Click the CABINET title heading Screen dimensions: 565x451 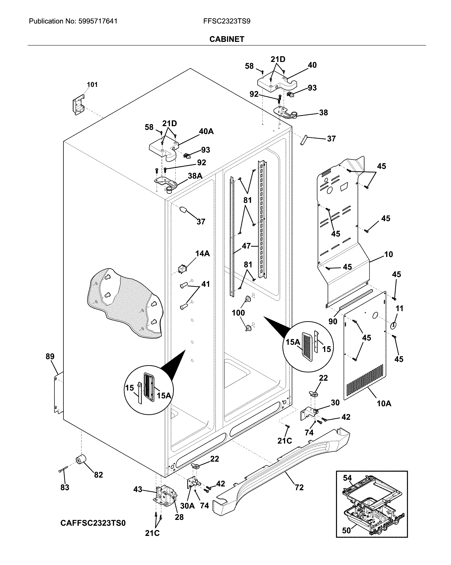(227, 39)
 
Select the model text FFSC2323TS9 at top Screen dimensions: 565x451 (227, 21)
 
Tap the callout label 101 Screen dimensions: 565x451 (92, 84)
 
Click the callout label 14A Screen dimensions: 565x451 (202, 253)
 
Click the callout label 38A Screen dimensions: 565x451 (195, 176)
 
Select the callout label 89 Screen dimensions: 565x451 (50, 356)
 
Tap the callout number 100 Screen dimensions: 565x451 (238, 313)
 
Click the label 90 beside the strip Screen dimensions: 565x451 (333, 321)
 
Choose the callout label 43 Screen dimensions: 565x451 (138, 489)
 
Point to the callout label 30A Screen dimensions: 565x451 (187, 506)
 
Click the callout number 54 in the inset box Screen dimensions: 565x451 (347, 478)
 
